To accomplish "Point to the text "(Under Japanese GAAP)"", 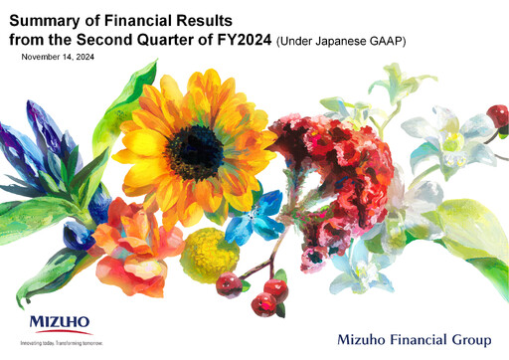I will point(339,39).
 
